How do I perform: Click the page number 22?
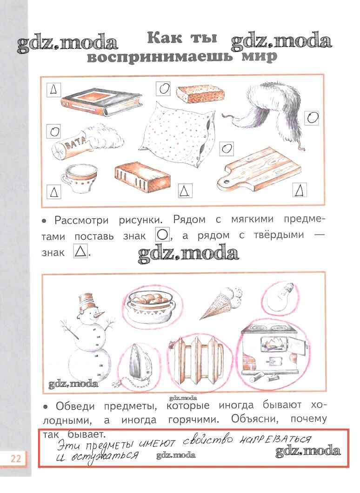coord(16,459)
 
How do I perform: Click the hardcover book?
coord(102,102)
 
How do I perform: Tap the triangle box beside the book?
coord(54,90)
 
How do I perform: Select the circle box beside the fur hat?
coord(312,118)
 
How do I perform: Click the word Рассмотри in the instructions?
coord(82,220)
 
